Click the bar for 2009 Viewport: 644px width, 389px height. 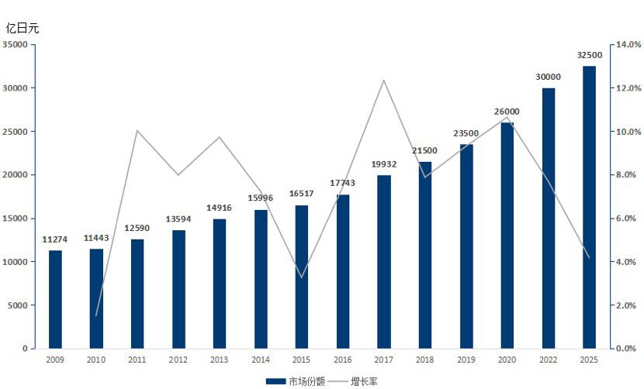[x=55, y=299]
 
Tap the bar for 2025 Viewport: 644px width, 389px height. [x=590, y=207]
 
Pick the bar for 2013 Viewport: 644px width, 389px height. [x=220, y=284]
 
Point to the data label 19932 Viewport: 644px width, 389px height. [x=384, y=164]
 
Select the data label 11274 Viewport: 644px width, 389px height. [x=55, y=239]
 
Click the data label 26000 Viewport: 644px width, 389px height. [x=507, y=112]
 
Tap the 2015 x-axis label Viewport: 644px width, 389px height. [x=302, y=360]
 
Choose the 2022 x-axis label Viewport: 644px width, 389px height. [x=549, y=360]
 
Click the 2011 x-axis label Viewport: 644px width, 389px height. [x=137, y=360]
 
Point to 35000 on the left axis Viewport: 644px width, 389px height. [x=16, y=45]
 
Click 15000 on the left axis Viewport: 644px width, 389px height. [x=16, y=219]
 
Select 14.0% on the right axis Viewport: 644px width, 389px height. [x=628, y=45]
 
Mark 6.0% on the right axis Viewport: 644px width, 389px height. [x=628, y=219]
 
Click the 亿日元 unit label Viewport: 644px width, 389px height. [x=23, y=28]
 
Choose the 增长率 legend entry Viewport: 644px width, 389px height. [x=364, y=381]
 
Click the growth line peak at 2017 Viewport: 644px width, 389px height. [x=384, y=80]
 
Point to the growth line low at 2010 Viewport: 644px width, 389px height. [x=96, y=315]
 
